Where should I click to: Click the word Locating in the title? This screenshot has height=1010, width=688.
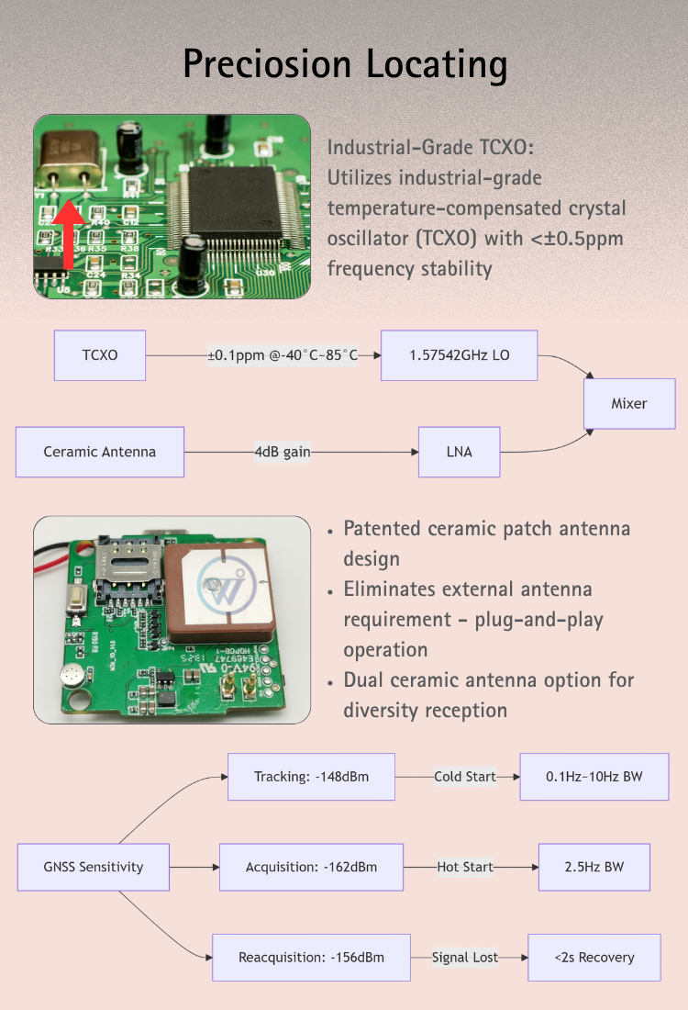[437, 65]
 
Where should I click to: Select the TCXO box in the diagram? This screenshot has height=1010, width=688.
[100, 355]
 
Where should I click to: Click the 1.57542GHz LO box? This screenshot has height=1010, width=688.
[459, 355]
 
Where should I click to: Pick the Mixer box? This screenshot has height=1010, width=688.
[629, 403]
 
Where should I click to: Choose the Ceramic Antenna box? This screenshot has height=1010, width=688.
[100, 452]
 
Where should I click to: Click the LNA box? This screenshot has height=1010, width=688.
[460, 452]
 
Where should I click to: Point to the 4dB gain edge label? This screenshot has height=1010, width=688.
[283, 452]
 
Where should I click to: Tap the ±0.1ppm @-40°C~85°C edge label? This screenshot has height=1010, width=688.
[282, 355]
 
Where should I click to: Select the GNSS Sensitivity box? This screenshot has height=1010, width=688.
[94, 867]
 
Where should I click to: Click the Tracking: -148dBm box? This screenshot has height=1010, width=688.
[311, 777]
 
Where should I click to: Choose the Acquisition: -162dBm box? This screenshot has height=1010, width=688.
[311, 867]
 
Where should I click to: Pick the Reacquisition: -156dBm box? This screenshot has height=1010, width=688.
[311, 958]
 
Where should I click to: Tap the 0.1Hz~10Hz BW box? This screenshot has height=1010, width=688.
[594, 777]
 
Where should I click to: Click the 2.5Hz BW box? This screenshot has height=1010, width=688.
[594, 867]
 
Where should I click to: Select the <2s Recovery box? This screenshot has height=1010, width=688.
[594, 958]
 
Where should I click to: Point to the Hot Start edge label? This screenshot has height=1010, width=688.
[465, 867]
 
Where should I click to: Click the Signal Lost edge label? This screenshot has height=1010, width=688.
[465, 958]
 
